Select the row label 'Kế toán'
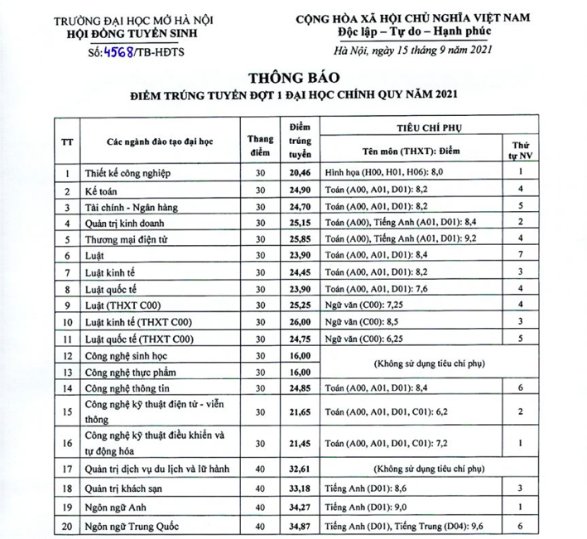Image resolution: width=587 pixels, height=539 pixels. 101,190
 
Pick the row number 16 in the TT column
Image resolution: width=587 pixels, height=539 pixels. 66,445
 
